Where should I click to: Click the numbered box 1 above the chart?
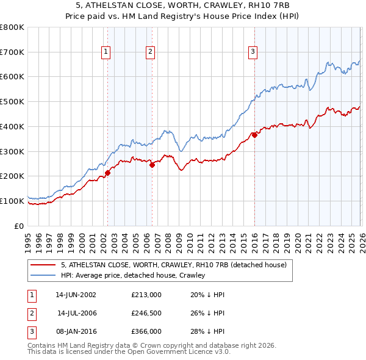(106, 52)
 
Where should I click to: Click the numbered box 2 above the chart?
(150, 52)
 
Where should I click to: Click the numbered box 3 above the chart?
(253, 52)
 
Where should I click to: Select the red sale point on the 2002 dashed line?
(107, 173)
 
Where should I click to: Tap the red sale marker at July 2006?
(152, 164)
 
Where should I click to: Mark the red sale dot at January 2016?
(254, 135)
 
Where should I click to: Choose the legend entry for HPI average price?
(132, 275)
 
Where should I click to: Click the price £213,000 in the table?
(146, 294)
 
